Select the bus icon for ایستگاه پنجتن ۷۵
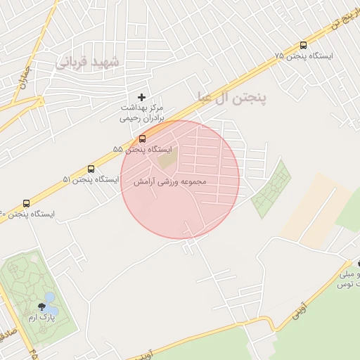(303, 44)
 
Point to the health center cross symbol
(141, 96)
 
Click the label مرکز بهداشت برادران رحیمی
(141, 113)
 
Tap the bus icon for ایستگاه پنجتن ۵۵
(143, 139)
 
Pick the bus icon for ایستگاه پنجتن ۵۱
(91, 169)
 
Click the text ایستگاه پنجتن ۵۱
(91, 180)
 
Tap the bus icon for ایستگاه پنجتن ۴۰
(27, 202)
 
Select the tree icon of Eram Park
(41, 307)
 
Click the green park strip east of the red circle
(271, 190)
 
